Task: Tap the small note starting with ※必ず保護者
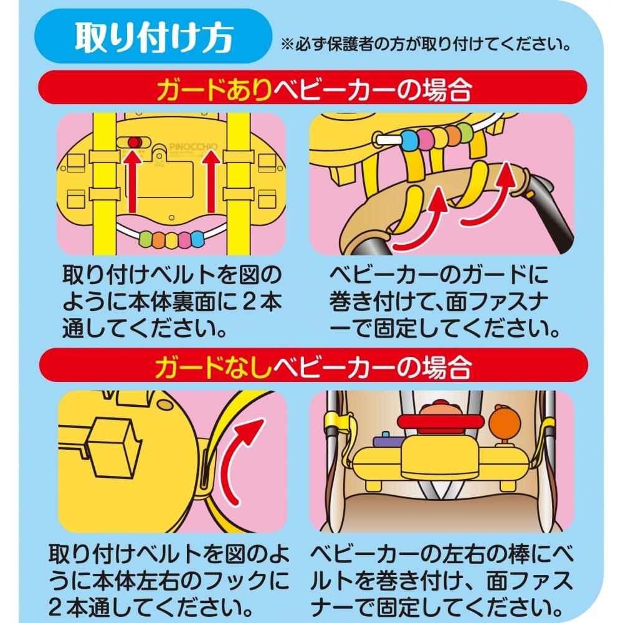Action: coord(426,45)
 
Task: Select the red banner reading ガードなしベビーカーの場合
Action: coord(311,368)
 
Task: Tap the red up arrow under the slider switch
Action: coord(132,187)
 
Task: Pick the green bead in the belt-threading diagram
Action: coord(146,239)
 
